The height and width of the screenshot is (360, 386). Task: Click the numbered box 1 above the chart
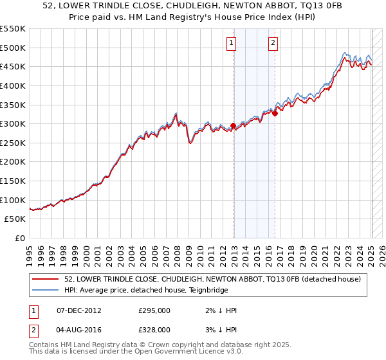click(231, 43)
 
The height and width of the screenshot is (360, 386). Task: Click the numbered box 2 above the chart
click(273, 43)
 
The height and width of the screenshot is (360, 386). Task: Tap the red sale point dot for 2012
click(234, 126)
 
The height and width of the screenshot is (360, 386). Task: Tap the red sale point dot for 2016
click(275, 113)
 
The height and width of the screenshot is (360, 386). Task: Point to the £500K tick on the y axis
click(14, 48)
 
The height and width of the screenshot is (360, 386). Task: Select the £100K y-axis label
click(14, 200)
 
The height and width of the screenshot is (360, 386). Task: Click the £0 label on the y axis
click(20, 238)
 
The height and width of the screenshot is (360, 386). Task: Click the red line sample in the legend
click(47, 279)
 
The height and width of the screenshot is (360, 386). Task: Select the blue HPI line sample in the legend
click(47, 290)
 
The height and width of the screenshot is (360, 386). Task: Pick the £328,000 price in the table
click(154, 330)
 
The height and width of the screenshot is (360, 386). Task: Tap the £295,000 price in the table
click(154, 310)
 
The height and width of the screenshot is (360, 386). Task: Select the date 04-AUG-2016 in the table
click(79, 330)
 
